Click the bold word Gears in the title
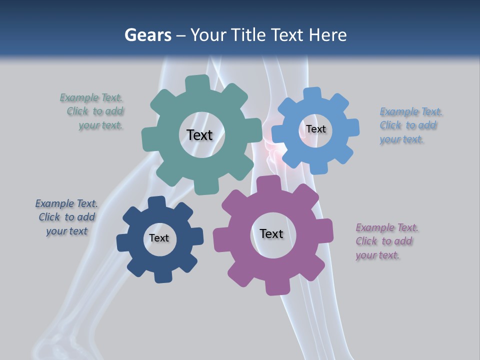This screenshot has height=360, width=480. pyautogui.click(x=147, y=35)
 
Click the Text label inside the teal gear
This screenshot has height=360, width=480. pyautogui.click(x=199, y=135)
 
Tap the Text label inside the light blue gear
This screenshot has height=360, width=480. pyautogui.click(x=315, y=129)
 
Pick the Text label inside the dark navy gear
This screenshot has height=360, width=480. pyautogui.click(x=158, y=238)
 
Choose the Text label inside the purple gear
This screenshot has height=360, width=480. pyautogui.click(x=271, y=233)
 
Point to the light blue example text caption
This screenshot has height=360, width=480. pyautogui.click(x=409, y=125)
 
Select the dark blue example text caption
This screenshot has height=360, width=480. pyautogui.click(x=66, y=217)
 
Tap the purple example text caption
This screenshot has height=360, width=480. pyautogui.click(x=386, y=241)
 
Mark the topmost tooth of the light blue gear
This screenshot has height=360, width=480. pyautogui.click(x=312, y=94)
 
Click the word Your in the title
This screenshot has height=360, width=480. pyautogui.click(x=208, y=35)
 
